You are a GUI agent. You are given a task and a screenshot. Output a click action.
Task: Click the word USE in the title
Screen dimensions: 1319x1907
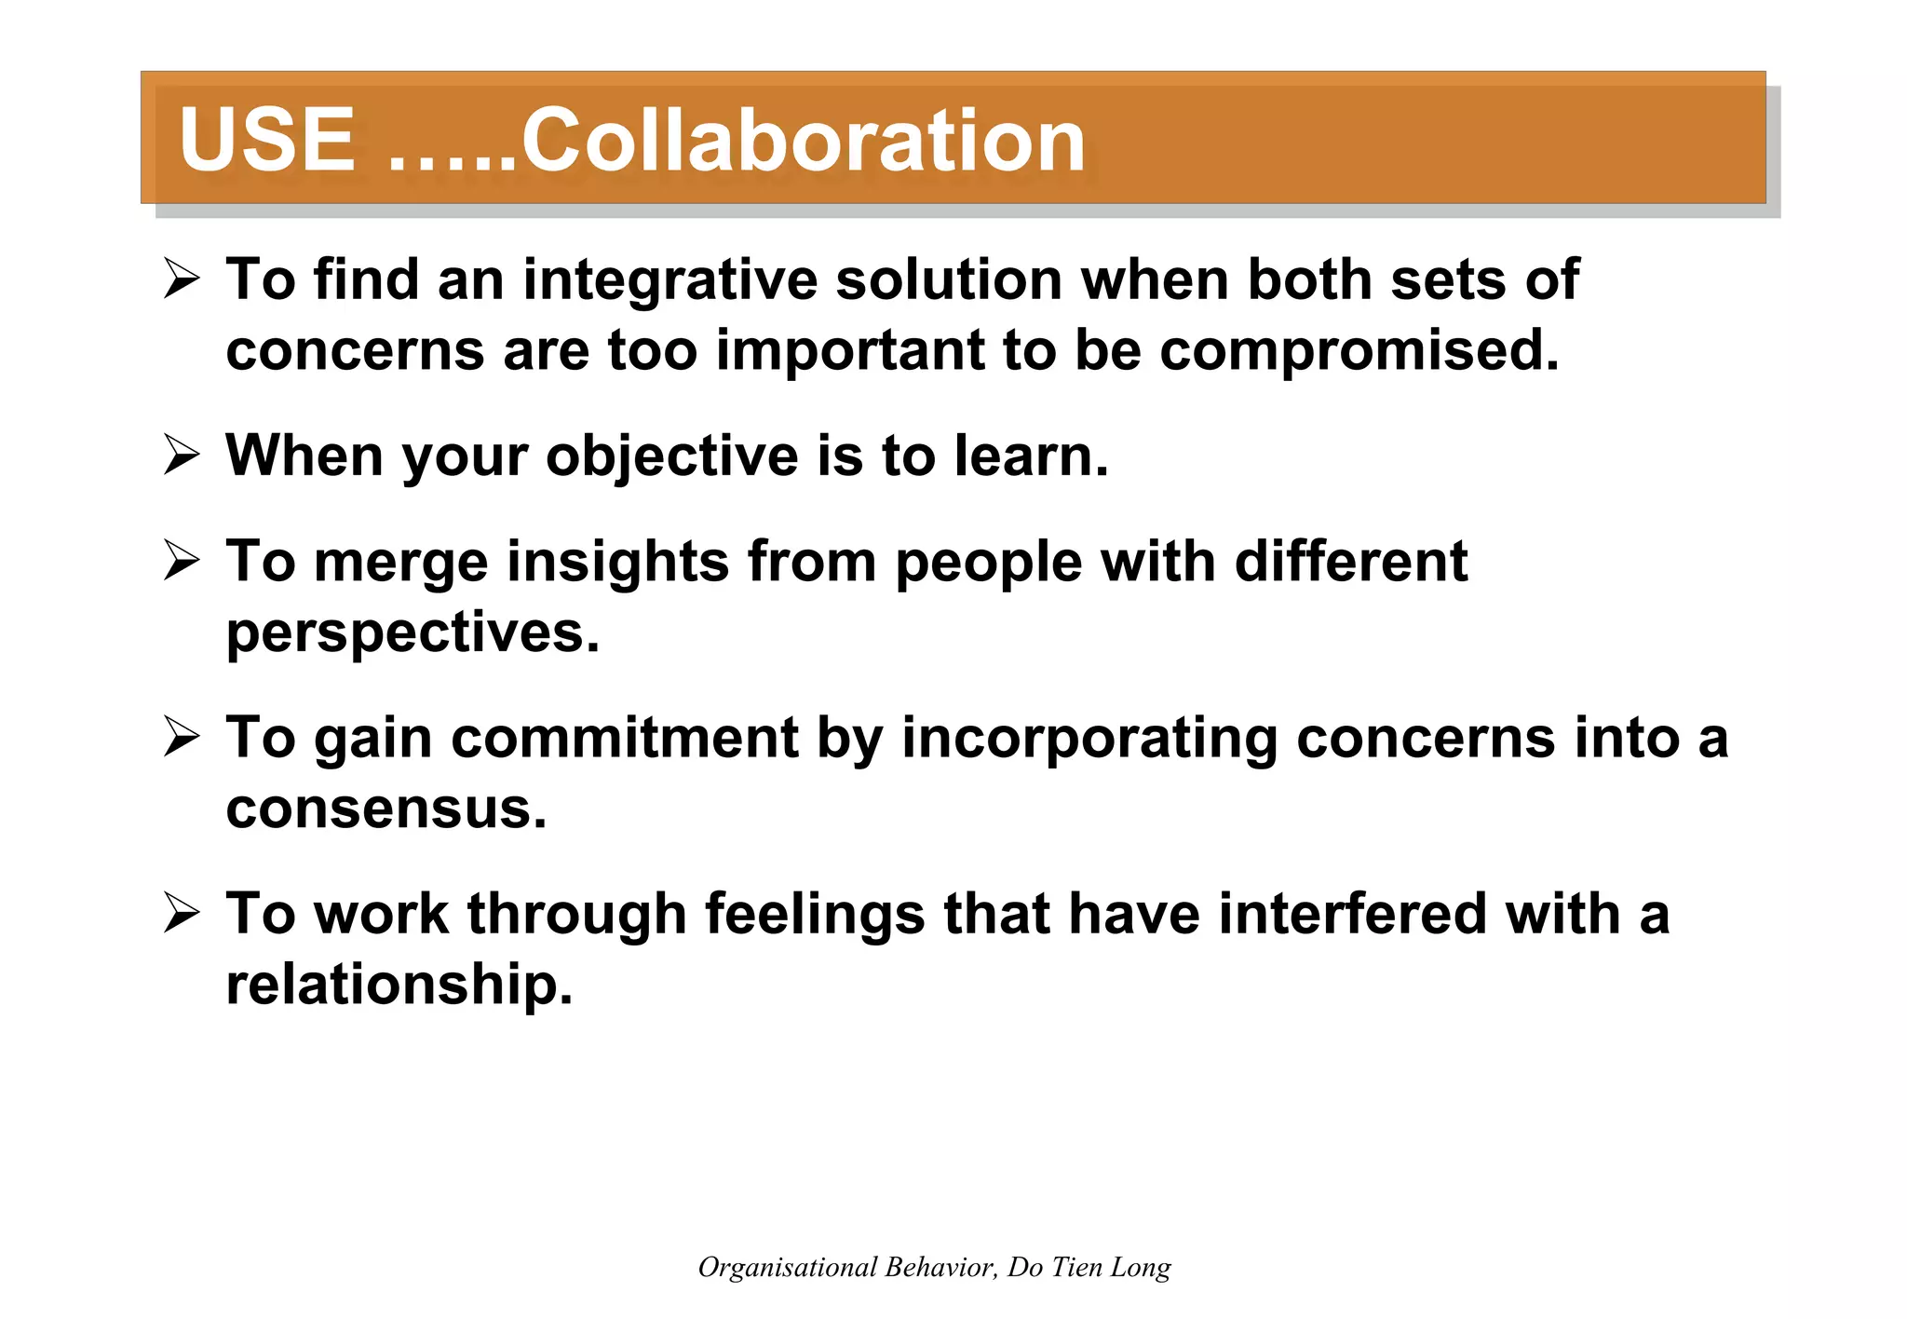coord(266,140)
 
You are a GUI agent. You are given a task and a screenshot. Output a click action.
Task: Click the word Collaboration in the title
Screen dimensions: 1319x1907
coord(803,140)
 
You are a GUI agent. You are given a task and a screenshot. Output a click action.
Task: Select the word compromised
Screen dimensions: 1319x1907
coord(1359,350)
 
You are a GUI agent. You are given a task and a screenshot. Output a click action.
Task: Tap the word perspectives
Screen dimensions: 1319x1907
coord(413,633)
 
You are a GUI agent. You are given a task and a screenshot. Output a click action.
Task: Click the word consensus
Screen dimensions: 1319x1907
coord(385,808)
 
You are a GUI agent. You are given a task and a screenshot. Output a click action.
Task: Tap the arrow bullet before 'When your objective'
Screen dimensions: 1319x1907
coord(182,456)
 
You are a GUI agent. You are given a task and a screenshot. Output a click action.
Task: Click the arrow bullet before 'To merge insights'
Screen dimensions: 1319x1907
coord(182,561)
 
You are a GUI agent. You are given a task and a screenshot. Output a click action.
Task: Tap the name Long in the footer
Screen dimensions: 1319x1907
coord(1141,1268)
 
